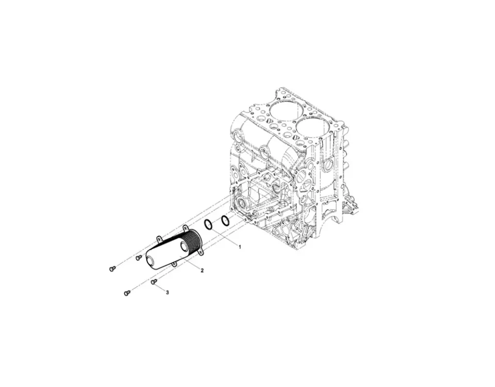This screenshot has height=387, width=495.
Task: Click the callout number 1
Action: [239, 247]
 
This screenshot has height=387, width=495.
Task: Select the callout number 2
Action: [202, 270]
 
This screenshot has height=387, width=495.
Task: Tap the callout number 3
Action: [167, 292]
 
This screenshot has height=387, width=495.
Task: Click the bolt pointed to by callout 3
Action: [154, 282]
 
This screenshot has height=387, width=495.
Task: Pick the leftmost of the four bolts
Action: [112, 268]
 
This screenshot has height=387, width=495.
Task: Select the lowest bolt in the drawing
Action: [127, 293]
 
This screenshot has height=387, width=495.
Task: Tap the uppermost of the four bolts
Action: [138, 257]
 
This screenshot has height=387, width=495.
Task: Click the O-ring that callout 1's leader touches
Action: [208, 225]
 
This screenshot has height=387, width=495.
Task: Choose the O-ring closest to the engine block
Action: [225, 221]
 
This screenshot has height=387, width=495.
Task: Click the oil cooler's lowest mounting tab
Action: [174, 264]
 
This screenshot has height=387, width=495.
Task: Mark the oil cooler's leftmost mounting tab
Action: [159, 238]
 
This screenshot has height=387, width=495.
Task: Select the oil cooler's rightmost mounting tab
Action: [201, 252]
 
